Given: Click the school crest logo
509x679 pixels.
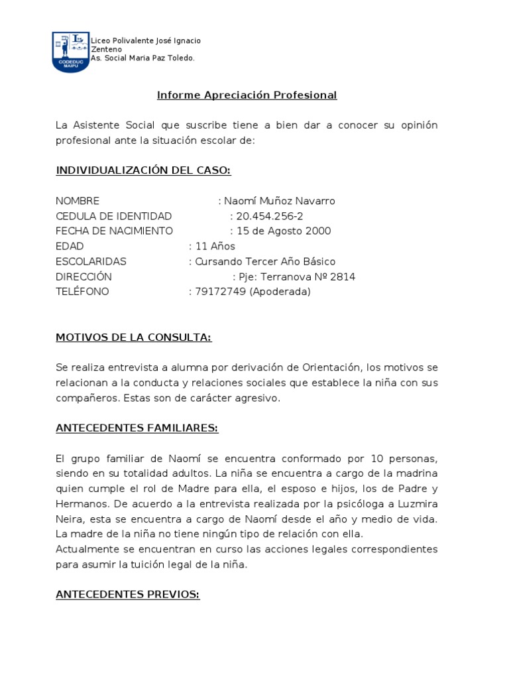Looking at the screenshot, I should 70,52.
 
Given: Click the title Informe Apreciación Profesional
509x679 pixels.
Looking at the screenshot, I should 247,95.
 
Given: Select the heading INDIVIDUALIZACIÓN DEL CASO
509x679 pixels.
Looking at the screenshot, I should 143,171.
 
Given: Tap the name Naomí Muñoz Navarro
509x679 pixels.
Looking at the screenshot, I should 280,201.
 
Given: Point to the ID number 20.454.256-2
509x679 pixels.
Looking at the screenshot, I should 270,216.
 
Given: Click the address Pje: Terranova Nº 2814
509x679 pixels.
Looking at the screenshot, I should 297,277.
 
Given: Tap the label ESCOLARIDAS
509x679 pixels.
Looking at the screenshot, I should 91,262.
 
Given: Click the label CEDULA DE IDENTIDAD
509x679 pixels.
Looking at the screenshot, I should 113,216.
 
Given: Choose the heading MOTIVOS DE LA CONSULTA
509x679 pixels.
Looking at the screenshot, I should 133,338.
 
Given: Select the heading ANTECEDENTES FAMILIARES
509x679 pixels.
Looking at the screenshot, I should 137,428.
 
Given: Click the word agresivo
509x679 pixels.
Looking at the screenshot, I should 260,399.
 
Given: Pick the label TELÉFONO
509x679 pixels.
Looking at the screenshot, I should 82,292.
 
